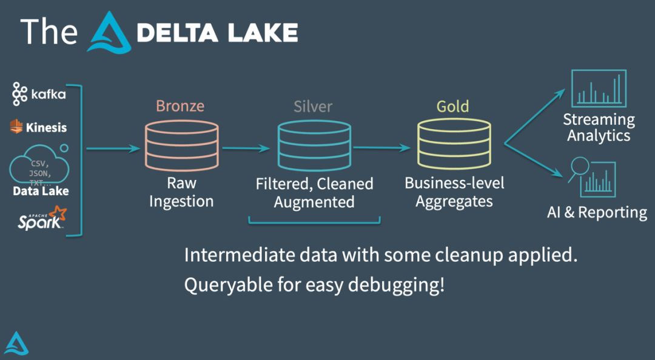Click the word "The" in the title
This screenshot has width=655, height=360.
tap(49, 32)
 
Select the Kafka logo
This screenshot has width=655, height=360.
tap(38, 94)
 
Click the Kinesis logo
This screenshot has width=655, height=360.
tap(38, 127)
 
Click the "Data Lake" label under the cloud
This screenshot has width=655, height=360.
tap(41, 191)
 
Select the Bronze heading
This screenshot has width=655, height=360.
tap(180, 106)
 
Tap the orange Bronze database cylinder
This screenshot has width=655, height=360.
tap(181, 144)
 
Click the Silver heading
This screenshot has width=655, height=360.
tap(313, 107)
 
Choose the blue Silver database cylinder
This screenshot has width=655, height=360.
tap(314, 144)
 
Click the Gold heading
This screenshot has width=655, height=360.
tap(452, 107)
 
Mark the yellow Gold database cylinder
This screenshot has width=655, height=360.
tap(453, 144)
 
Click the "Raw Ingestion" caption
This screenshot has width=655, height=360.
tap(181, 192)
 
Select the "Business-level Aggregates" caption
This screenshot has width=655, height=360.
tap(454, 192)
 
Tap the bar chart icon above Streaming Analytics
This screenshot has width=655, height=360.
tap(599, 88)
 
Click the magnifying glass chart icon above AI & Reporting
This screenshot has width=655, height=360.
tap(591, 178)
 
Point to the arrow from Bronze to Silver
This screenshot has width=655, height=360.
tap(245, 147)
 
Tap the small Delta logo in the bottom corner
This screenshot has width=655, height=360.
tap(16, 344)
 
